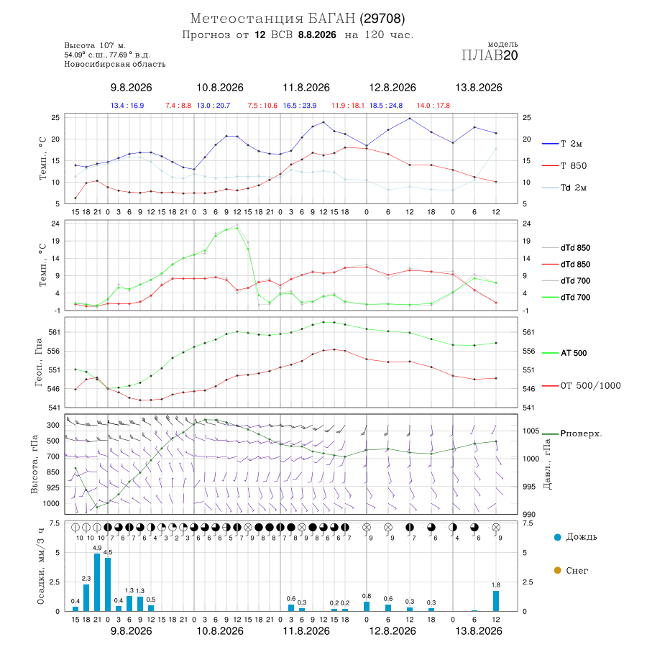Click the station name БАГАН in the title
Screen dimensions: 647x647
tap(331, 19)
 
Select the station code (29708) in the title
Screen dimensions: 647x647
tap(382, 19)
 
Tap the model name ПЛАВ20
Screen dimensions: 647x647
tap(490, 55)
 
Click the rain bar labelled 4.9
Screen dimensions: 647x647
tap(97, 582)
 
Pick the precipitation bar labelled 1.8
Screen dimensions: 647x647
tap(496, 601)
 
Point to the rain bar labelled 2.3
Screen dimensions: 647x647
tap(86, 597)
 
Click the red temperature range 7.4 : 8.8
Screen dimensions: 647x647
tap(178, 106)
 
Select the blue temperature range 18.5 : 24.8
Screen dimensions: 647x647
tap(386, 106)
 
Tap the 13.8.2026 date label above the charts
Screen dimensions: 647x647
tap(479, 88)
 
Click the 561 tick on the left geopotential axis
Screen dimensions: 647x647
tap(55, 332)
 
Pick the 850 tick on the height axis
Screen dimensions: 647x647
tap(52, 472)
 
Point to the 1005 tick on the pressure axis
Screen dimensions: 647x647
tap(531, 431)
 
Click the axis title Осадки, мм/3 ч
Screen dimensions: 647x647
tap(40, 566)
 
